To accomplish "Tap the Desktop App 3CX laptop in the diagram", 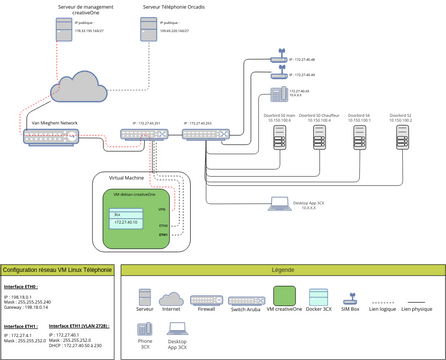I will (278, 205).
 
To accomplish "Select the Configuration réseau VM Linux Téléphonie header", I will (56, 270).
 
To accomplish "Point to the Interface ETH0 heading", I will (22, 286).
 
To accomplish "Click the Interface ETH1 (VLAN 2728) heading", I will (79, 326).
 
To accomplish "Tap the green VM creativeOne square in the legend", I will (284, 297).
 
